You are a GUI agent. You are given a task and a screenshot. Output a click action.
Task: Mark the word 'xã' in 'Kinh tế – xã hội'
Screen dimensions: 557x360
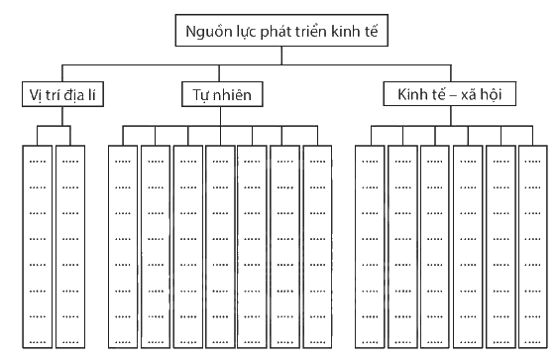[x=469, y=95]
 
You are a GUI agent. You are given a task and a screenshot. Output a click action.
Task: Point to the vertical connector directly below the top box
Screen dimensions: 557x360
[x=281, y=56]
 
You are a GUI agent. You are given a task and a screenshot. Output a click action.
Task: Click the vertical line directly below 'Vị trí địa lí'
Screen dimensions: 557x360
[x=62, y=116]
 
